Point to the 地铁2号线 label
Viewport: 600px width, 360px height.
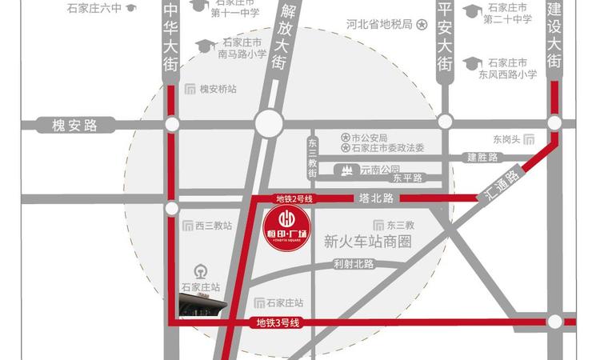coord(292,198)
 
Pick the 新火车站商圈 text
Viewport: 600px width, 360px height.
coord(368,242)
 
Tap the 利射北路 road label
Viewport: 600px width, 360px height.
coord(354,264)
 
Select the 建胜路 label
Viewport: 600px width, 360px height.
coord(482,157)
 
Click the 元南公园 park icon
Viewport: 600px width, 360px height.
coord(347,170)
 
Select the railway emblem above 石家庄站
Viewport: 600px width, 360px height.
coord(200,270)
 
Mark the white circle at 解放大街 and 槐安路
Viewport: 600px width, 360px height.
coord(268,124)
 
